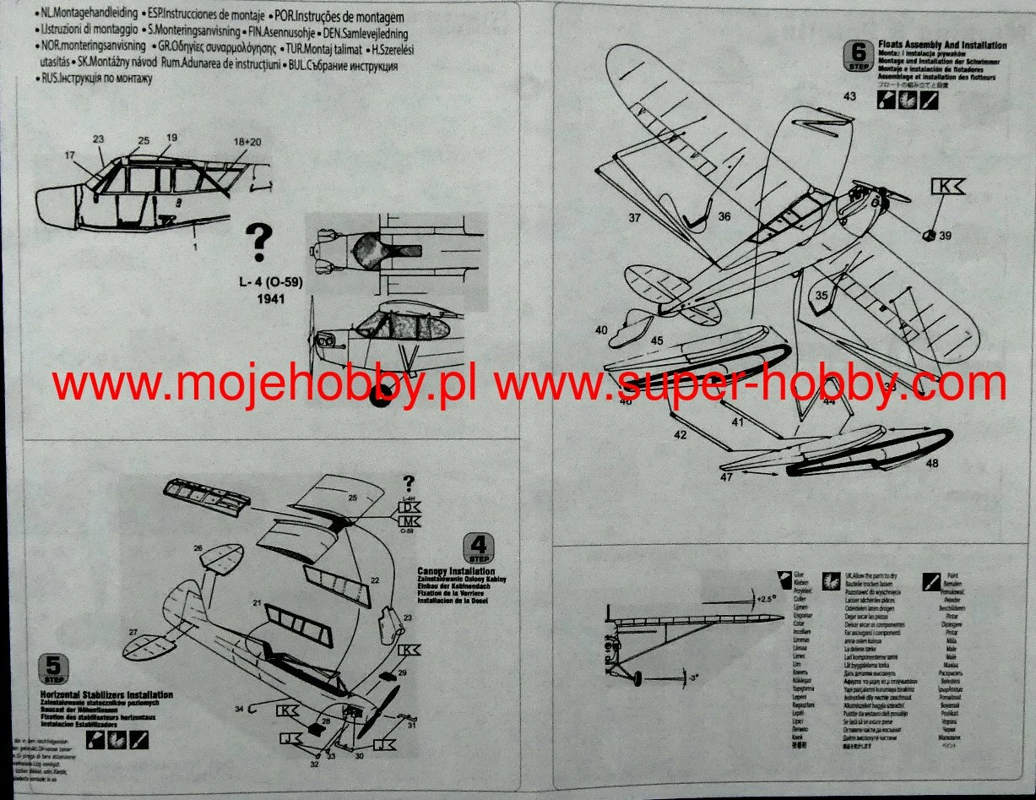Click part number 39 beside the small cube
point(944,236)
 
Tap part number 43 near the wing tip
point(849,96)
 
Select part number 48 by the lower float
point(931,463)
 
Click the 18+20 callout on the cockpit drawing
point(247,141)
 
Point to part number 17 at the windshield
point(68,155)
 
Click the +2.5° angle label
point(765,598)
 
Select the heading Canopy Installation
point(456,572)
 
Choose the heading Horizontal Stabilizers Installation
point(106,693)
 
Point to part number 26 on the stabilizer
point(198,549)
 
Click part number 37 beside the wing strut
point(634,217)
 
